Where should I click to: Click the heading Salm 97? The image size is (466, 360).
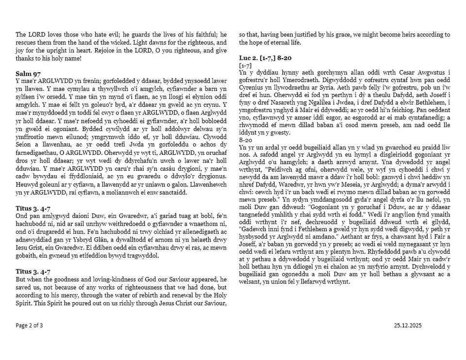point(28,73)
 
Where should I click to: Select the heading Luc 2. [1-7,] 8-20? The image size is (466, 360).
point(265,58)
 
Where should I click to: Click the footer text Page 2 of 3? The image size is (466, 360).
point(29,325)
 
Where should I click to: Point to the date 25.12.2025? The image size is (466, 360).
point(408,325)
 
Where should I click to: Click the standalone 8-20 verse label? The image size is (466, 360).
point(246,138)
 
